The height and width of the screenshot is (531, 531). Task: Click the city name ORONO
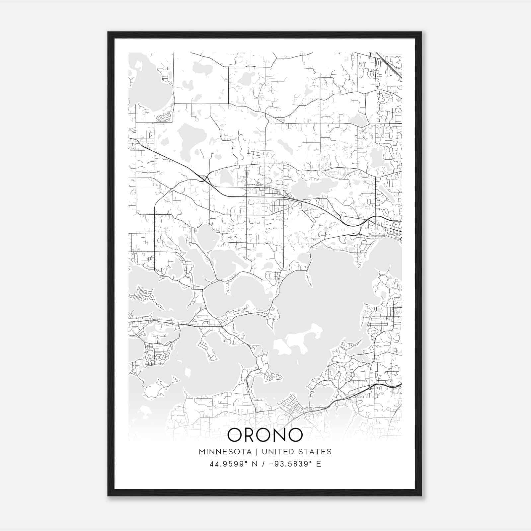coord(265,435)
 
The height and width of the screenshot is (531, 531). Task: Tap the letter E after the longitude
coord(319,464)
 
